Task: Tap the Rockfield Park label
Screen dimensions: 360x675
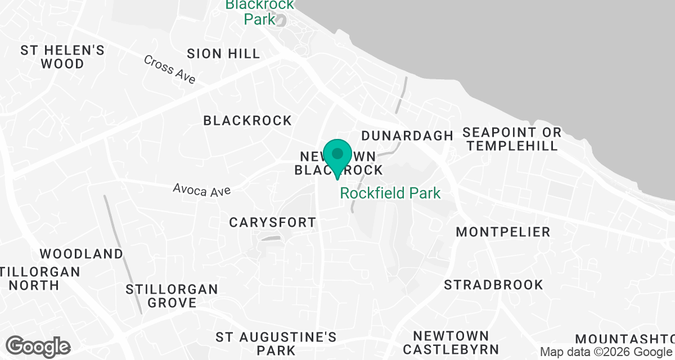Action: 390,193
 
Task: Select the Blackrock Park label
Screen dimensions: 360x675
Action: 259,12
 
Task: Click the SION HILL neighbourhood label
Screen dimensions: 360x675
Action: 223,54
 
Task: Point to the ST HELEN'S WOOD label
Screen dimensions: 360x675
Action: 62,57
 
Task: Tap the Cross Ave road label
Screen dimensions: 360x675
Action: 169,69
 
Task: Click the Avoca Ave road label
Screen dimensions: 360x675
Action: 202,190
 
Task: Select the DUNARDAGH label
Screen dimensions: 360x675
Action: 407,136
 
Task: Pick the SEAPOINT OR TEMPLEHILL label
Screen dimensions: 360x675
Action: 511,139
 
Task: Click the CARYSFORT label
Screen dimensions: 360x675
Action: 273,223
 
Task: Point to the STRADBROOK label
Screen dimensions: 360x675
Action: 493,285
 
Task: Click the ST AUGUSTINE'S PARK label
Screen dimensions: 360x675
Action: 276,344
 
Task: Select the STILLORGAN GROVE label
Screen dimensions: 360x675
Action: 172,296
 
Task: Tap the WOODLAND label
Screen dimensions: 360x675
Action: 81,254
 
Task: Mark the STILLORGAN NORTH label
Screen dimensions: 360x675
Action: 39,278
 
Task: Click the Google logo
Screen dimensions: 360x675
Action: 38,346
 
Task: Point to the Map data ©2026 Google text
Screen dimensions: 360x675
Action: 606,352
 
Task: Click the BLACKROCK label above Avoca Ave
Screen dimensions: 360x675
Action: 247,120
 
